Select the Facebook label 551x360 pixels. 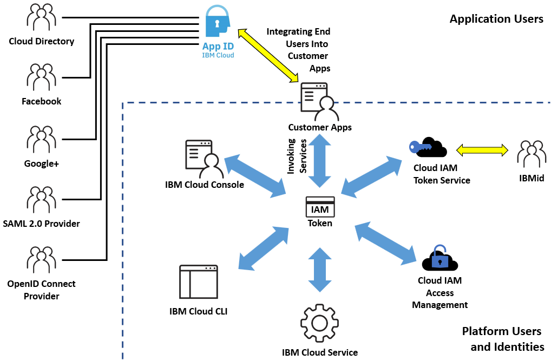42,101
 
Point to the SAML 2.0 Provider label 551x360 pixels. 42,224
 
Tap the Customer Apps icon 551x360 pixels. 319,102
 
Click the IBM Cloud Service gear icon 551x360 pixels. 319,323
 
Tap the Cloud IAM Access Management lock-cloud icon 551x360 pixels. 440,259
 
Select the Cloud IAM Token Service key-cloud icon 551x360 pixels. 428,147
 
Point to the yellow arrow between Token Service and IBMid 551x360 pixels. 482,149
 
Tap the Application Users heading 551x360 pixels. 496,19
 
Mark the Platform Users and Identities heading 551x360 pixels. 502,339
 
